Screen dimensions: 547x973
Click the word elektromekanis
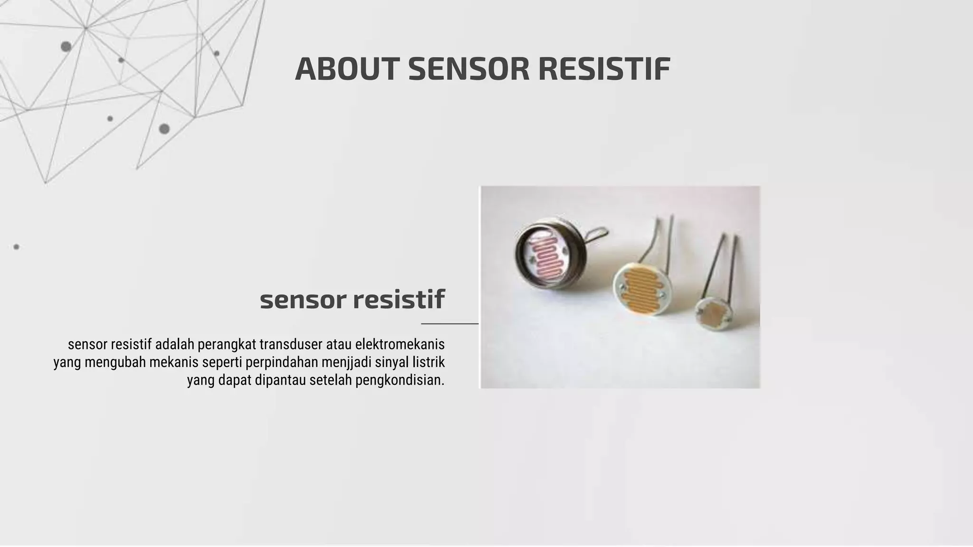click(x=400, y=344)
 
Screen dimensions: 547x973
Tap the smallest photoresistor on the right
click(x=714, y=313)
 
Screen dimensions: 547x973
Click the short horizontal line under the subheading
click(x=449, y=324)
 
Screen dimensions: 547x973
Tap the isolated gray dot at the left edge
click(x=16, y=247)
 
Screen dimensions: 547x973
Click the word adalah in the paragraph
click(x=175, y=344)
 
